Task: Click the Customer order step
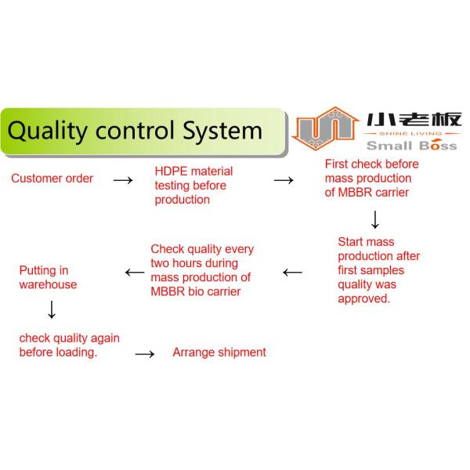tap(52, 179)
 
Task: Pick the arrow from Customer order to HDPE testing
tap(124, 180)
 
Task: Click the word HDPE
tap(169, 172)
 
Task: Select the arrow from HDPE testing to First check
tap(284, 180)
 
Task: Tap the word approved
tap(363, 298)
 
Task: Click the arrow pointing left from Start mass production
tap(292, 273)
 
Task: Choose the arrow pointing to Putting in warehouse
tap(134, 273)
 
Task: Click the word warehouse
tap(48, 284)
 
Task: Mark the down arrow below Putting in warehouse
tap(52, 310)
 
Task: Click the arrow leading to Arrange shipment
tap(145, 354)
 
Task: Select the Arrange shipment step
tap(219, 352)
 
